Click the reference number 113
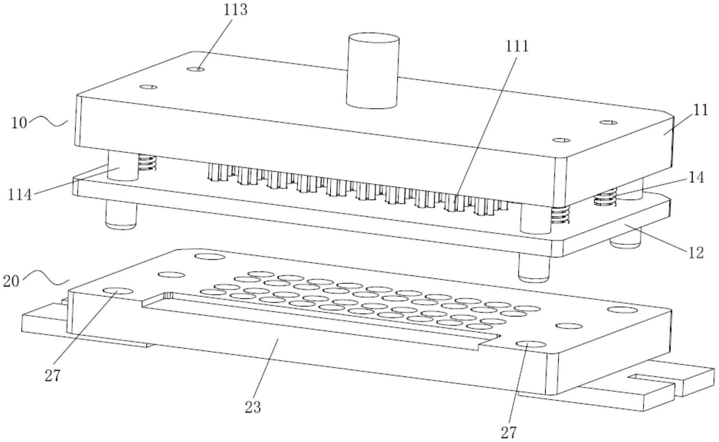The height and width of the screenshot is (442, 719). (x=235, y=10)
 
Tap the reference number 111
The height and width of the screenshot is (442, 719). (x=517, y=46)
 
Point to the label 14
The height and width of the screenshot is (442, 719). (x=696, y=177)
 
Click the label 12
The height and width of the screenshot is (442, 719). (x=696, y=253)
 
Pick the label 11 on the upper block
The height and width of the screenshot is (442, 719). (x=701, y=110)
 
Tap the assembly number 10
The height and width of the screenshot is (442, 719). (x=19, y=123)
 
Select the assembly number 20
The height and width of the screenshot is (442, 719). (x=11, y=281)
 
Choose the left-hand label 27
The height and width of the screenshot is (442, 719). (x=52, y=376)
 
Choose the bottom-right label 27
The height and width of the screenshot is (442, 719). (x=508, y=433)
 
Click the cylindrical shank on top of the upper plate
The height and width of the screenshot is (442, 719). (x=373, y=70)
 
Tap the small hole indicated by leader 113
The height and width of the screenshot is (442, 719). (x=196, y=69)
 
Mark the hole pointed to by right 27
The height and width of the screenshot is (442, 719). (x=531, y=345)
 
